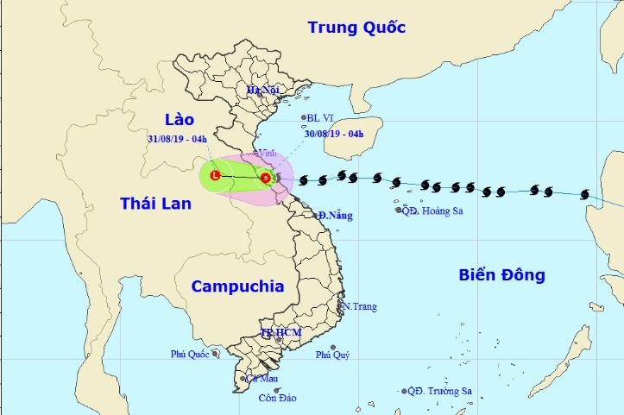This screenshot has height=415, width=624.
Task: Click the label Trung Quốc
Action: pyautogui.click(x=356, y=28)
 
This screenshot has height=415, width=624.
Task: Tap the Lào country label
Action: pyautogui.click(x=180, y=119)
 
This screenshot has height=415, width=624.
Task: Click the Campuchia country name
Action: pyautogui.click(x=237, y=286)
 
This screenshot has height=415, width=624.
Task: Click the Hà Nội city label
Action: pyautogui.click(x=265, y=91)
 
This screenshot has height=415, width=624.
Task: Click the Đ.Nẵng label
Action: pyautogui.click(x=335, y=215)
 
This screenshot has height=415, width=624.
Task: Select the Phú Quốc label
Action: pyautogui.click(x=191, y=354)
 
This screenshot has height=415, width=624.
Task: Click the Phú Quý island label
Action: pyautogui.click(x=332, y=355)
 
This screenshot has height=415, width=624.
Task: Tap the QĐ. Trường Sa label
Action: pyautogui.click(x=439, y=391)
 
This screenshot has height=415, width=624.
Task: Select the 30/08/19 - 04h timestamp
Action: pyautogui.click(x=334, y=134)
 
